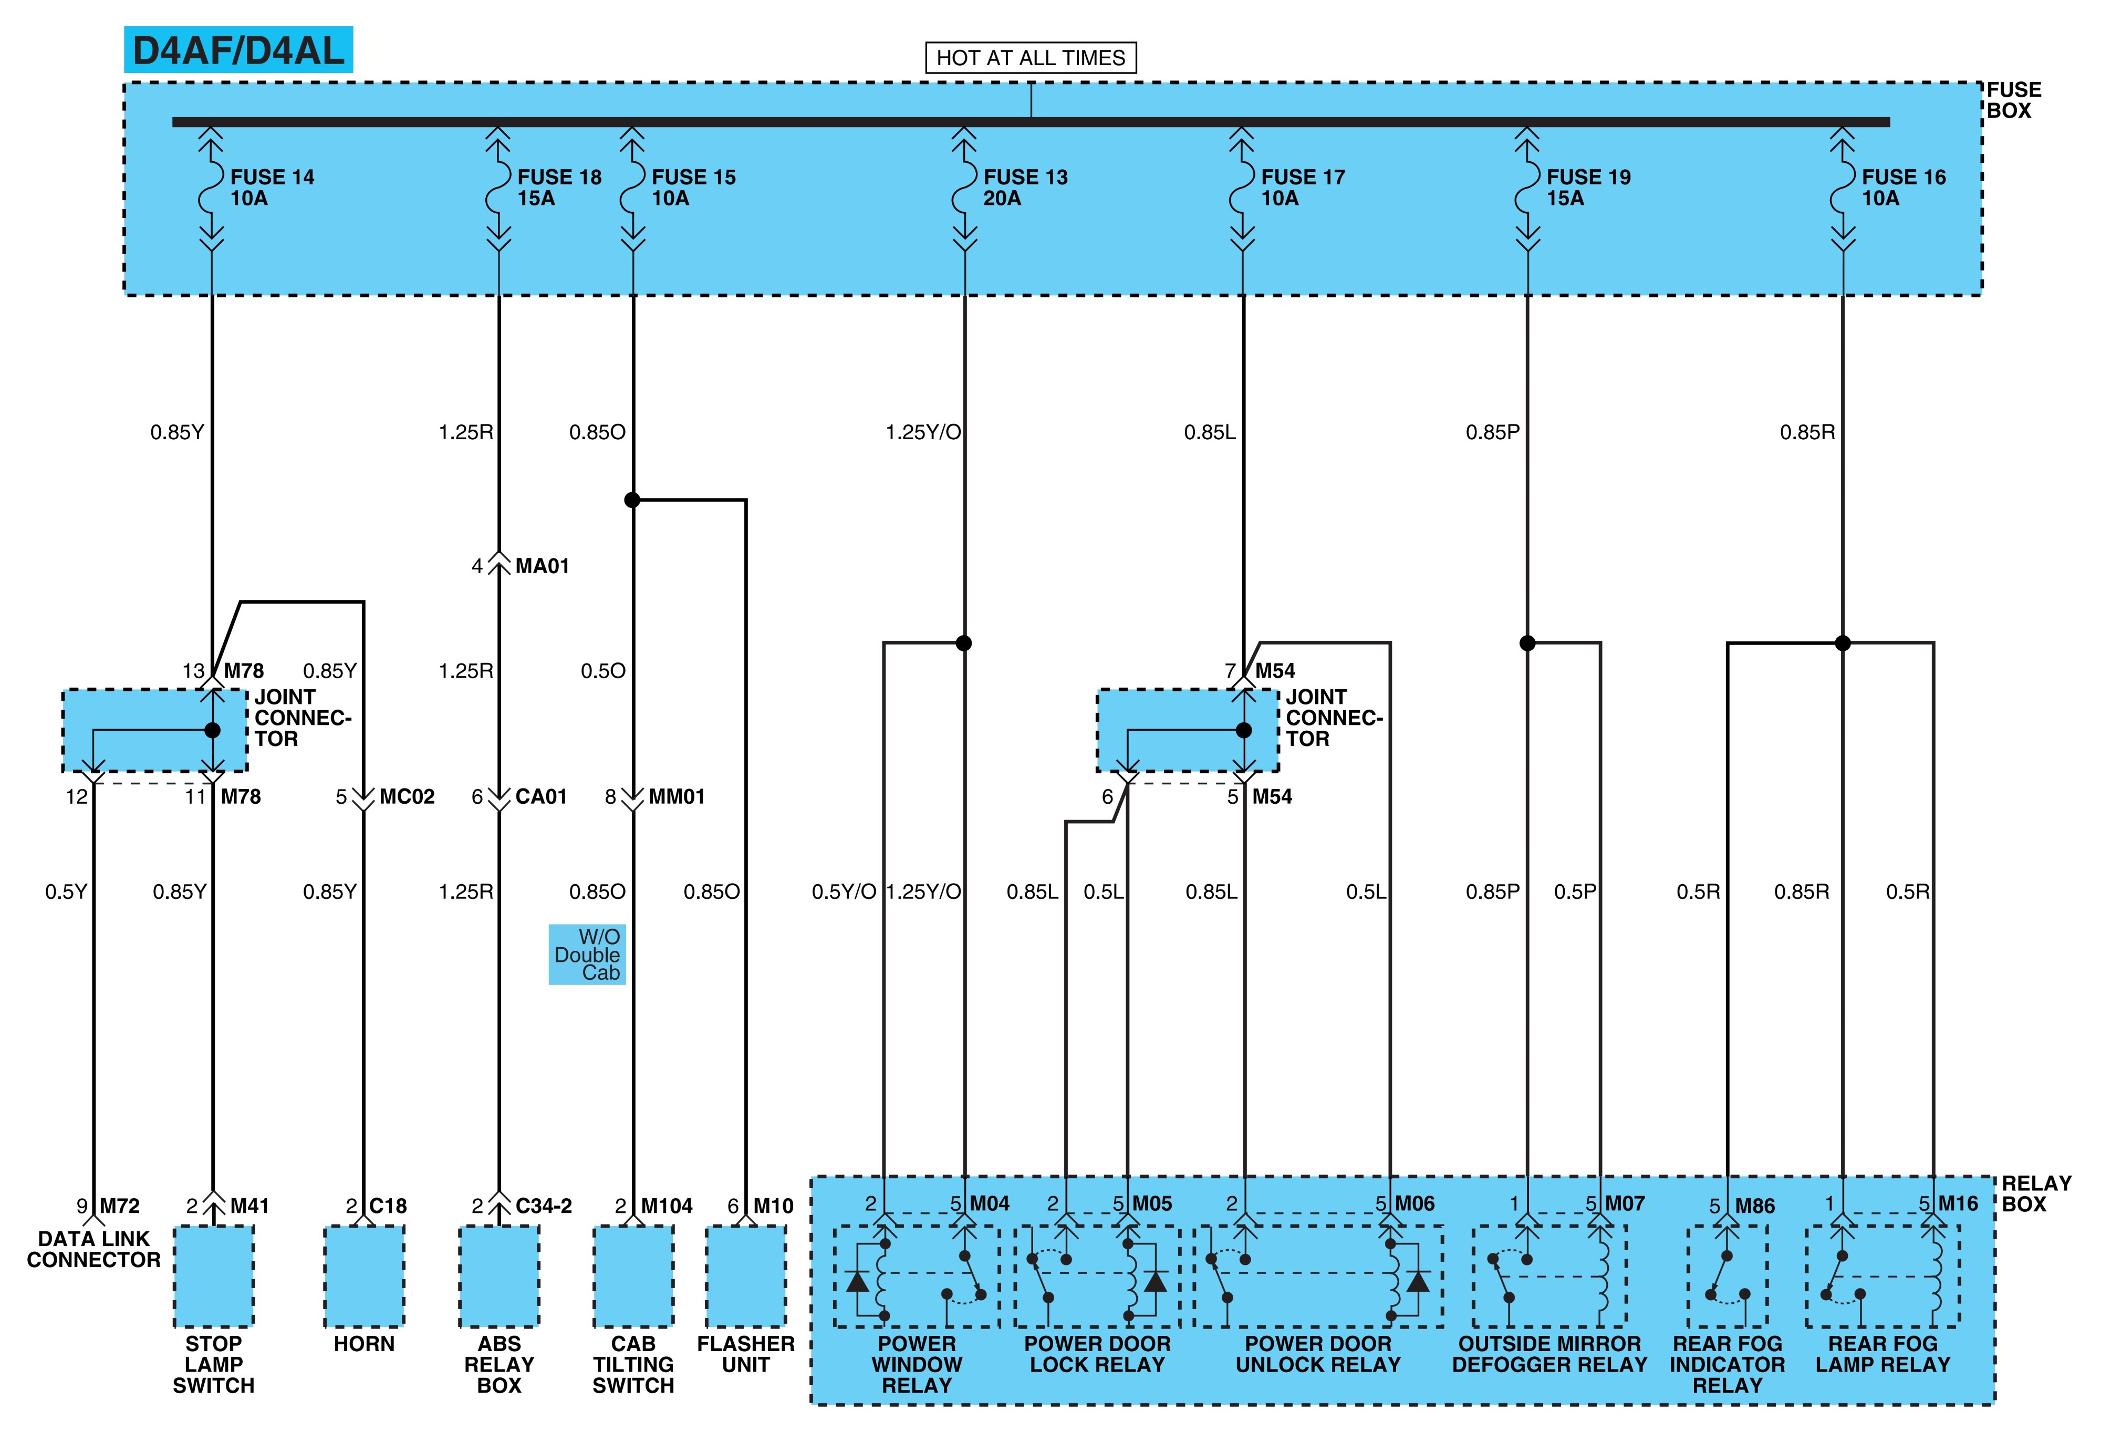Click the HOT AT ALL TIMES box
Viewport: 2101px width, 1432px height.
[x=1031, y=58]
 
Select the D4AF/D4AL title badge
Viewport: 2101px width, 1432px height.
[x=238, y=50]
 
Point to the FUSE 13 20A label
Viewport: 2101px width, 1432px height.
[x=1025, y=187]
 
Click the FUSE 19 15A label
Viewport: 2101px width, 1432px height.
[x=1588, y=187]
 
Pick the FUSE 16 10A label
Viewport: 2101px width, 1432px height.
[x=1903, y=187]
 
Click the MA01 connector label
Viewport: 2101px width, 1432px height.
[x=543, y=566]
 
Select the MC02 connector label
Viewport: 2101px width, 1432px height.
[x=407, y=796]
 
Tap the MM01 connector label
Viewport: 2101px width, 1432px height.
[x=676, y=796]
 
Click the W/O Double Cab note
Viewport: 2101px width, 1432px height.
[x=588, y=954]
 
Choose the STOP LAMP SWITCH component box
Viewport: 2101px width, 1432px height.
[x=213, y=1275]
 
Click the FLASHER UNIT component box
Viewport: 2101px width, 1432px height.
[x=746, y=1275]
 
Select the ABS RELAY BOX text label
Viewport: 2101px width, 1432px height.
[x=499, y=1364]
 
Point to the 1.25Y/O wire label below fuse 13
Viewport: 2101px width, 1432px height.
[x=923, y=432]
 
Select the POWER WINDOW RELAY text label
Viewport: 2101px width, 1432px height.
[x=917, y=1364]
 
